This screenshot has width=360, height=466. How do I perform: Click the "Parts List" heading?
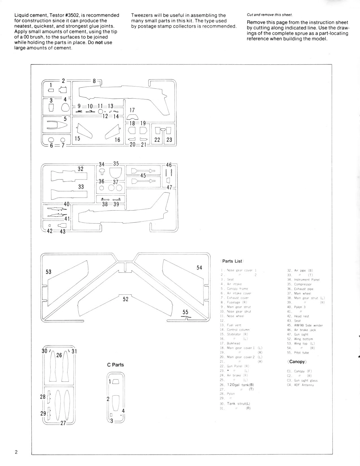click(232, 261)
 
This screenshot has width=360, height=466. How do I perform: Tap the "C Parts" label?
click(115, 365)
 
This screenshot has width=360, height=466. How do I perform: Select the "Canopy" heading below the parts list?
click(297, 362)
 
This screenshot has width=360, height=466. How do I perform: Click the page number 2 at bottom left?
click(16, 452)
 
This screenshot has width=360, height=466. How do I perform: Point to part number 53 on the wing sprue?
click(49, 272)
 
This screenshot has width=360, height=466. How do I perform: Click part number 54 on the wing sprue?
click(199, 268)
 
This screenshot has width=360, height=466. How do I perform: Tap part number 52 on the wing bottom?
click(125, 299)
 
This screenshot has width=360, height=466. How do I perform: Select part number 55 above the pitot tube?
click(185, 312)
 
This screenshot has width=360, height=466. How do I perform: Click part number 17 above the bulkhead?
click(132, 110)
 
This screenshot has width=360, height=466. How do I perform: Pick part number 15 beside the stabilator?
click(77, 138)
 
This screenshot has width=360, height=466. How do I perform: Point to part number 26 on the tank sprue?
click(59, 355)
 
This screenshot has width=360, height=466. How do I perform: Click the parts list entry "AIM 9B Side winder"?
click(308, 325)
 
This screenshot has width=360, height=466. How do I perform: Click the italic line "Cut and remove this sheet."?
click(270, 15)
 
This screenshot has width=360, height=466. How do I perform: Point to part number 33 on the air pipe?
click(81, 187)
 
